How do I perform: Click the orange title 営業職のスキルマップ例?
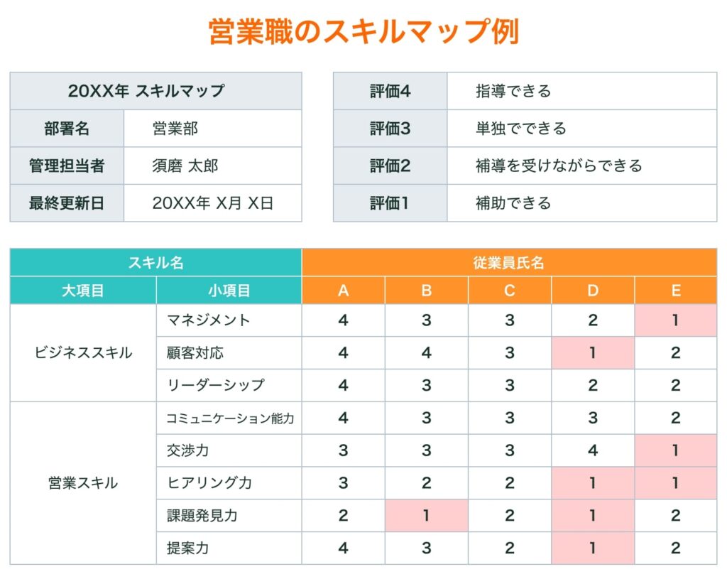click(x=363, y=32)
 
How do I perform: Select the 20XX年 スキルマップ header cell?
click(x=155, y=91)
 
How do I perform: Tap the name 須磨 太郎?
click(x=185, y=166)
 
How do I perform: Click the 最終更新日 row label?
click(x=67, y=203)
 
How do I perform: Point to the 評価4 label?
click(x=390, y=91)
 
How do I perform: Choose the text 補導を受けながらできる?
click(x=559, y=166)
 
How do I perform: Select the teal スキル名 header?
click(x=155, y=262)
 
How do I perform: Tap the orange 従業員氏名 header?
click(x=508, y=262)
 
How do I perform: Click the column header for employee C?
click(x=509, y=291)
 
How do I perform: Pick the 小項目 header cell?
click(x=229, y=291)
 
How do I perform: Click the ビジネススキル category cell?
click(x=83, y=353)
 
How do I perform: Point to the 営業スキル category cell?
click(x=83, y=483)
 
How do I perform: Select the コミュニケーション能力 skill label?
click(x=229, y=418)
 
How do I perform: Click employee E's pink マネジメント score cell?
click(x=675, y=320)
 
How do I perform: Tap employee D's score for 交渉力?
click(x=593, y=450)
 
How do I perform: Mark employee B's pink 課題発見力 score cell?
click(x=426, y=516)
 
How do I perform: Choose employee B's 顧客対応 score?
click(x=426, y=353)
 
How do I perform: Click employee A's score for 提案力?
click(x=343, y=548)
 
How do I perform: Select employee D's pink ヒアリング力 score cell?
click(x=593, y=483)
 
